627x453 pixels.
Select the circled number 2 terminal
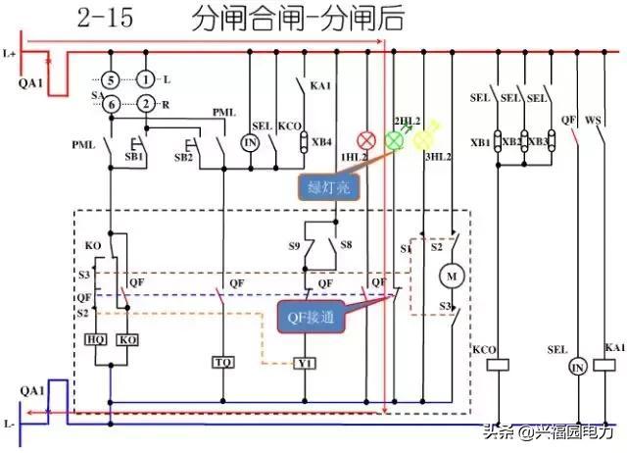point(145,104)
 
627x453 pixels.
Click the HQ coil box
point(96,339)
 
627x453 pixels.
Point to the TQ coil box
point(223,362)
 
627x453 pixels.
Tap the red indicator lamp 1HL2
point(368,140)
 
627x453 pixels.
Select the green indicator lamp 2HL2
point(395,140)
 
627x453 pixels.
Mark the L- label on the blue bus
point(10,424)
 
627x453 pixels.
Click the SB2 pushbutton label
point(184,157)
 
